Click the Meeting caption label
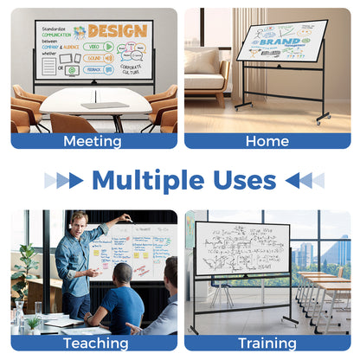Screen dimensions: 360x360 click(93, 141)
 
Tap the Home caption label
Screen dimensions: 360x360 click(267, 141)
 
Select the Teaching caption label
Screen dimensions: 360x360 click(94, 343)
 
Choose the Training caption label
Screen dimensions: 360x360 click(267, 343)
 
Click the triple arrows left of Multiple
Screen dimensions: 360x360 click(64, 180)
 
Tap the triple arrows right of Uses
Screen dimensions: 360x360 click(304, 180)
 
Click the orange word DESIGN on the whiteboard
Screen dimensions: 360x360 click(117, 32)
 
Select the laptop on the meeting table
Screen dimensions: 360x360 click(105, 105)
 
